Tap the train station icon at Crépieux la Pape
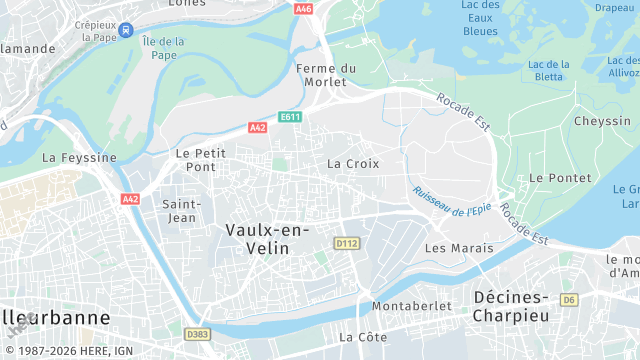click(x=126, y=30)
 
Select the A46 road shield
click(x=304, y=9)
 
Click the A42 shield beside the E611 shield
click(x=258, y=127)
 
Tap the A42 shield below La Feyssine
click(x=130, y=199)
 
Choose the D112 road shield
click(x=347, y=243)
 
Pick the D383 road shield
click(x=198, y=334)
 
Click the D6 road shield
click(x=569, y=299)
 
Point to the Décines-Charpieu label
click(x=526, y=306)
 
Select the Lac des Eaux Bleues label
click(x=480, y=18)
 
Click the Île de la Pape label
click(x=164, y=48)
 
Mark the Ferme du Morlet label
click(x=327, y=75)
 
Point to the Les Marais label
click(x=459, y=247)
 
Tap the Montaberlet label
click(x=406, y=305)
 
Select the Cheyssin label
click(x=602, y=121)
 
